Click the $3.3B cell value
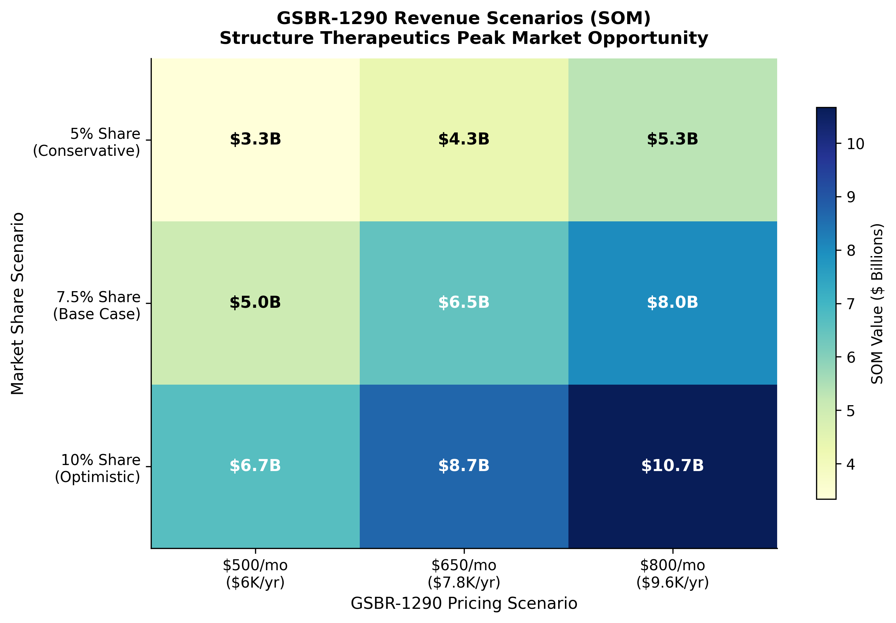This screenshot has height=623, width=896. (255, 139)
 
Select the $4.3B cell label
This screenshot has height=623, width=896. (464, 139)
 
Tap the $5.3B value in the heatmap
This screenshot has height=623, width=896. (672, 139)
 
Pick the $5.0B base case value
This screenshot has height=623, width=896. (255, 302)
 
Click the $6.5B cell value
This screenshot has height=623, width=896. (464, 302)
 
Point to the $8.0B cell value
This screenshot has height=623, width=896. (672, 302)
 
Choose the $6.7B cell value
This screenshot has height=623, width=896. (255, 466)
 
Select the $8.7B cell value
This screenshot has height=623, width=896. (464, 466)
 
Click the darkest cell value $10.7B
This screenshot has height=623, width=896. (672, 466)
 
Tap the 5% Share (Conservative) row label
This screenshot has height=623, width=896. (87, 142)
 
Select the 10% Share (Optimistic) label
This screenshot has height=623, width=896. (98, 469)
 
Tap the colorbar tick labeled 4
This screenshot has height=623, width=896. (850, 465)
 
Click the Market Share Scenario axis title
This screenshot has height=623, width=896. (18, 303)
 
